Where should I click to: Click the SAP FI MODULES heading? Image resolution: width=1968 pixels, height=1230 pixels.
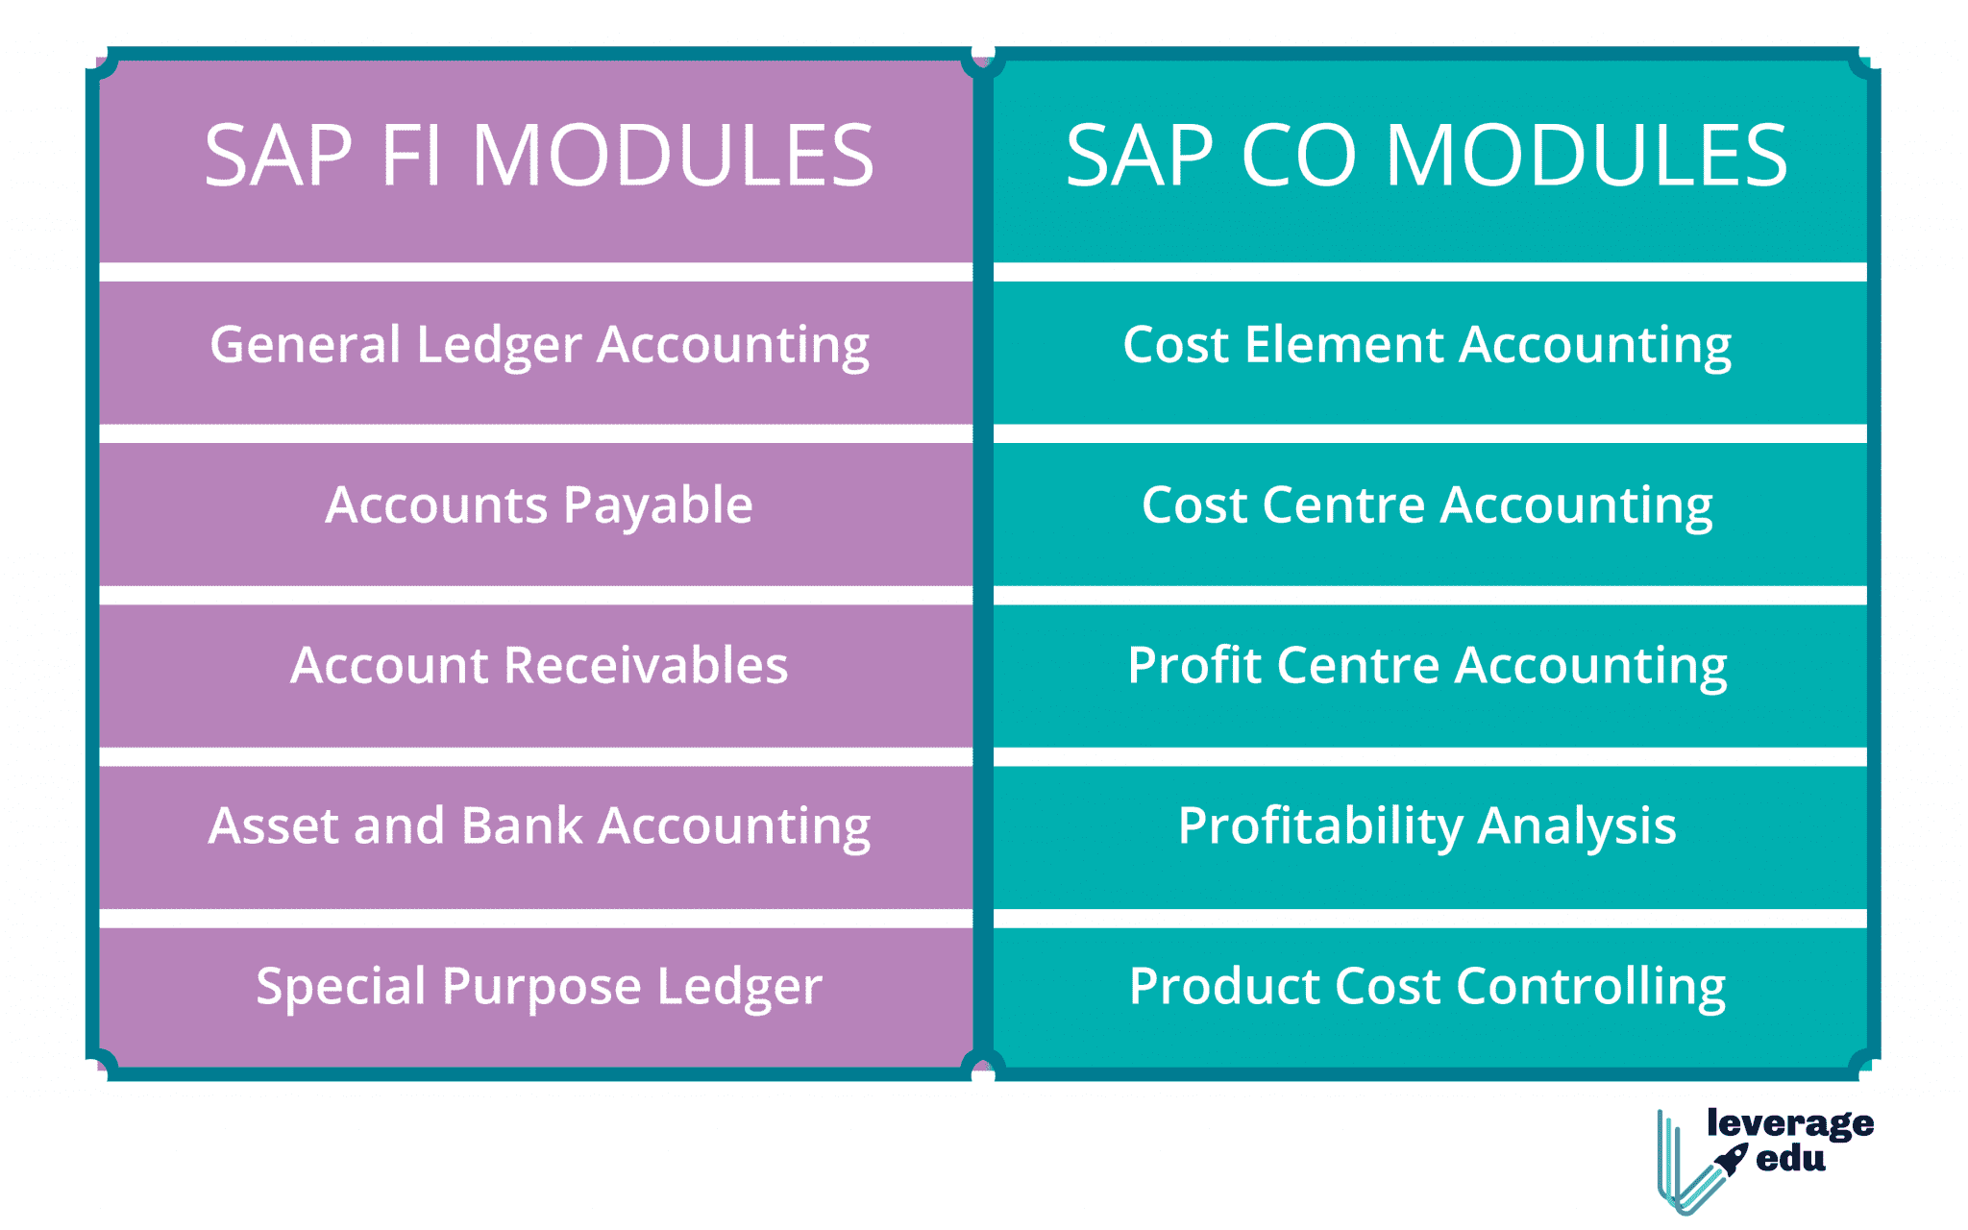coord(539,156)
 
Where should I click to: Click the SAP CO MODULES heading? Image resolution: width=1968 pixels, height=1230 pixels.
coord(1427,156)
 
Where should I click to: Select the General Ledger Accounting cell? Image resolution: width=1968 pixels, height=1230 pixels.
coord(536,352)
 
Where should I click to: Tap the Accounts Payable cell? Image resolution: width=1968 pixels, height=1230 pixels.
coord(536,514)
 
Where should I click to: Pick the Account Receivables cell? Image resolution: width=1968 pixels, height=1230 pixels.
coord(536,676)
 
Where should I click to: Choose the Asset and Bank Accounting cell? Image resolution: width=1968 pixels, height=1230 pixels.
coord(536,837)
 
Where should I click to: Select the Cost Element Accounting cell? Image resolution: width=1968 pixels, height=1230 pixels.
coord(1430,352)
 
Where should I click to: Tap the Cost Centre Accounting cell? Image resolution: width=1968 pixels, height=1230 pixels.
coord(1430,514)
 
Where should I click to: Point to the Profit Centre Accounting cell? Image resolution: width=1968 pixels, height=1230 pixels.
coord(1430,676)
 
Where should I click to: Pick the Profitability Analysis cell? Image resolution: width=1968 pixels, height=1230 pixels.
coord(1430,837)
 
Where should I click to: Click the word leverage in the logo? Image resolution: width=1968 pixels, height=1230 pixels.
coord(1790,1124)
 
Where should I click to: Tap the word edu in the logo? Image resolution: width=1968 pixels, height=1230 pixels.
coord(1790,1159)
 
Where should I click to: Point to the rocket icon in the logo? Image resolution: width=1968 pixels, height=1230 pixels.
coord(1732,1160)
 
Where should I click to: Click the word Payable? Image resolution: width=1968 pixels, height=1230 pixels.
coord(657,507)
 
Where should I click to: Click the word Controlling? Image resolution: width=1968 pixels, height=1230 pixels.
coord(1590,988)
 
